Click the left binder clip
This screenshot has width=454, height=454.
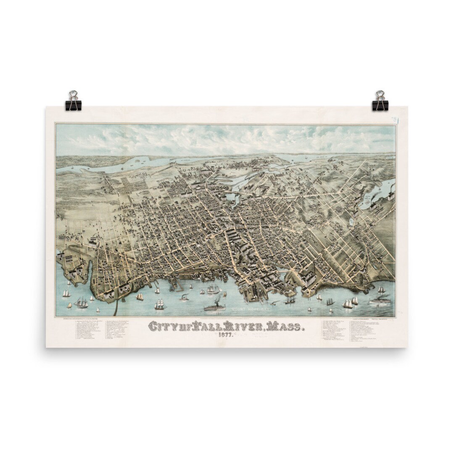tap(73, 101)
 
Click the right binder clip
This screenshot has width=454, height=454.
tap(380, 101)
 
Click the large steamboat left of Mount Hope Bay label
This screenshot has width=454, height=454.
tap(215, 306)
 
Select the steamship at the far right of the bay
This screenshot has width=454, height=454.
tap(380, 300)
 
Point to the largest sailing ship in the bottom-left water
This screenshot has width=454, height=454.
tap(81, 303)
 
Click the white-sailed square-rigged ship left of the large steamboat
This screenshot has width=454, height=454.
tap(160, 305)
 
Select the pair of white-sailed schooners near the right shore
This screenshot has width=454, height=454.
tap(351, 302)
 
